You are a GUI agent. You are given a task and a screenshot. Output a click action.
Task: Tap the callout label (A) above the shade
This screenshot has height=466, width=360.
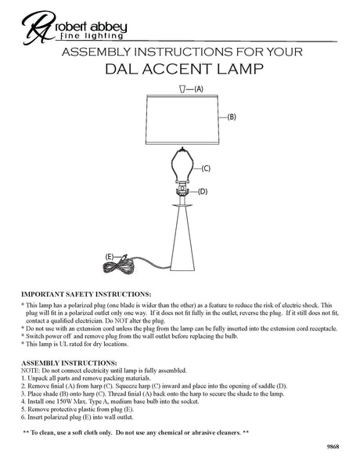(200, 89)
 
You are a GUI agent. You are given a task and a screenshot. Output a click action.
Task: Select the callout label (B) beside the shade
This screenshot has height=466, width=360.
(232, 117)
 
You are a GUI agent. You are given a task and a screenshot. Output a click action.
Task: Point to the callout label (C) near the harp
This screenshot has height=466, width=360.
(205, 169)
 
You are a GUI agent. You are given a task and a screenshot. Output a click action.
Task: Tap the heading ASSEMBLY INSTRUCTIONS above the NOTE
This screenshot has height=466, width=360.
(69, 363)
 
